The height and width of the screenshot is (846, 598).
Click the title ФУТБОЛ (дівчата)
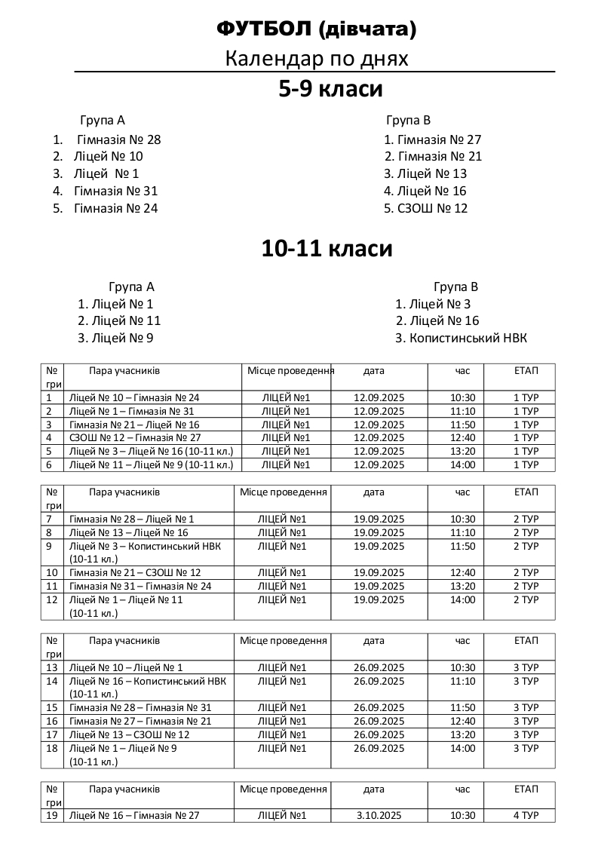point(316,29)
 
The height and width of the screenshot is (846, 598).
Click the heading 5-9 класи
point(330,89)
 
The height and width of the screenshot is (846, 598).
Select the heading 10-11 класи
point(327,248)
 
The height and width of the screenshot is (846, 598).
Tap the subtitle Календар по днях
point(316,59)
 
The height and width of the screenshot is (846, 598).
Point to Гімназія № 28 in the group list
point(118,139)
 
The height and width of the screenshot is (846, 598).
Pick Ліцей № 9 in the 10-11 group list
point(121,339)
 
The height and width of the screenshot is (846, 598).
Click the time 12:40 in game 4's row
point(462,437)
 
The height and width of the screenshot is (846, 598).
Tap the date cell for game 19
point(379,815)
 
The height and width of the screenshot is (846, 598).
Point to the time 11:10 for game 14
point(462,681)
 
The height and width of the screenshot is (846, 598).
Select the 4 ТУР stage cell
point(526,815)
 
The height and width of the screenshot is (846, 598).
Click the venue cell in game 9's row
point(282,546)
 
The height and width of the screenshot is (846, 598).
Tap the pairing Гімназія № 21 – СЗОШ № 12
point(135,572)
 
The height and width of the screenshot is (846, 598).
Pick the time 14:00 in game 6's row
point(462,464)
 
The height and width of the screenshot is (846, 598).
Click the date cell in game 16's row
point(379,721)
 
